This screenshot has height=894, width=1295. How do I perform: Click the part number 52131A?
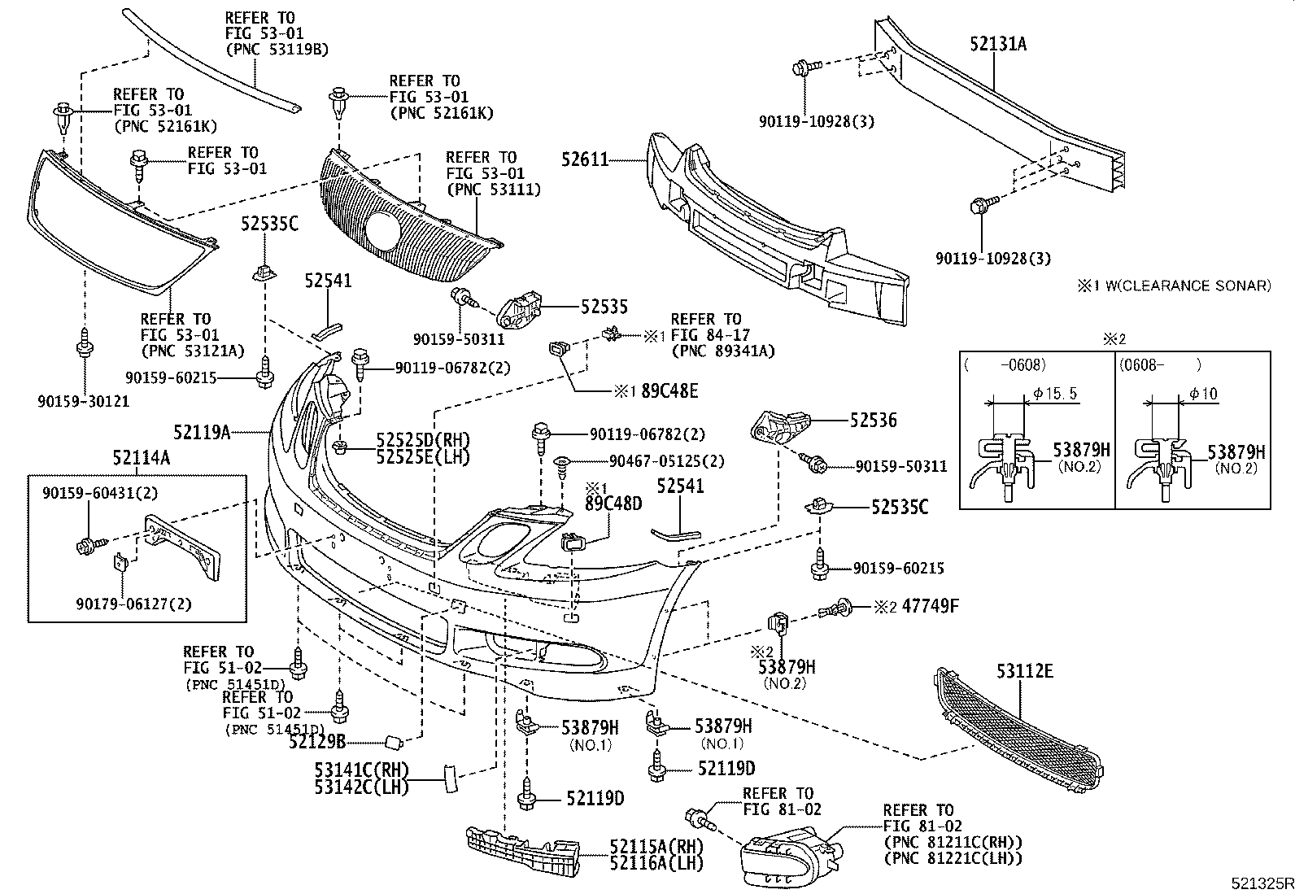click(x=997, y=44)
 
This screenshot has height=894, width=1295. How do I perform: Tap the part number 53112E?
click(x=1024, y=671)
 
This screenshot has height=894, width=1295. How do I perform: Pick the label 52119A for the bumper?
click(x=201, y=433)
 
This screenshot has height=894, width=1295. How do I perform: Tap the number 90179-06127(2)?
click(x=134, y=604)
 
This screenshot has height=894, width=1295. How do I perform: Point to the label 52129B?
click(x=317, y=741)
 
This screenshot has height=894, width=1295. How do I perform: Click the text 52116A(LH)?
click(x=656, y=862)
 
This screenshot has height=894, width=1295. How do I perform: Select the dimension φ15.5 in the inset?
click(x=1055, y=394)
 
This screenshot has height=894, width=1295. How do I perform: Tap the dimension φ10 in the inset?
click(x=1203, y=394)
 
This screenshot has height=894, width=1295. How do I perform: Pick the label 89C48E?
click(x=669, y=390)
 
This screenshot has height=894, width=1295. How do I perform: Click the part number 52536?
click(x=873, y=420)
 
